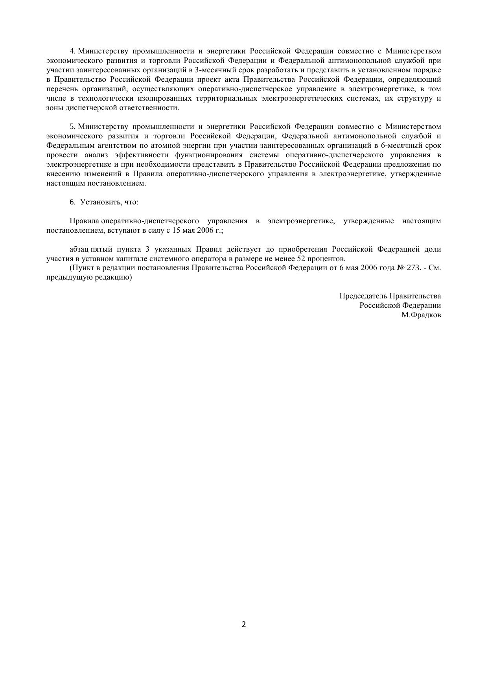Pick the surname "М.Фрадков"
tap(421, 315)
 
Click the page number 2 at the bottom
tap(244, 624)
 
